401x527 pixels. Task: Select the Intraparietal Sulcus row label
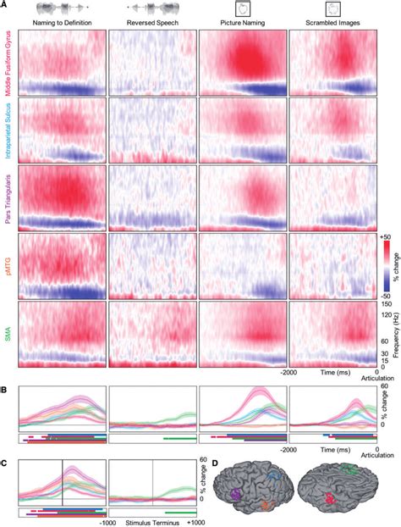(x=8, y=131)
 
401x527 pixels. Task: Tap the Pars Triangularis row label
(x=8, y=198)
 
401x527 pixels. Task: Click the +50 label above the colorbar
(x=385, y=238)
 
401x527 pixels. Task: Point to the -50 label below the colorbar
(x=385, y=293)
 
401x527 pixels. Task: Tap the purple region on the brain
(x=236, y=491)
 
